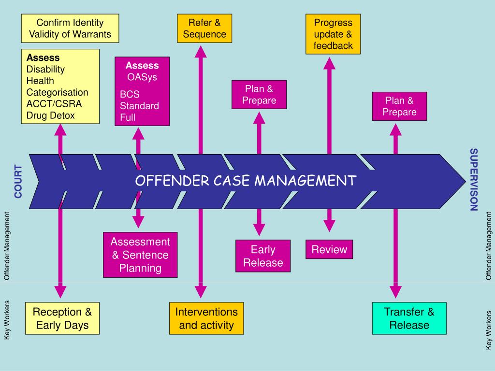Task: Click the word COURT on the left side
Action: pyautogui.click(x=18, y=182)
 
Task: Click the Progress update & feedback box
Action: pyautogui.click(x=333, y=34)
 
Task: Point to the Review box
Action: pyautogui.click(x=329, y=250)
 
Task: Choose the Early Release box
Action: pyautogui.click(x=263, y=256)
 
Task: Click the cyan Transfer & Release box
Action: pyautogui.click(x=409, y=318)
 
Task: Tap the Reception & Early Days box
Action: pyautogui.click(x=62, y=318)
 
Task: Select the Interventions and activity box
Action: pyautogui.click(x=206, y=318)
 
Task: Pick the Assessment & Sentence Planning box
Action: pyautogui.click(x=140, y=255)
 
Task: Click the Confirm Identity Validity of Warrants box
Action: pyautogui.click(x=70, y=29)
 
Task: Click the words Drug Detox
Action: pyautogui.click(x=51, y=115)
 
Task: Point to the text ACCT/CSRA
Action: pyautogui.click(x=54, y=104)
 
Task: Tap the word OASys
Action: pyautogui.click(x=142, y=77)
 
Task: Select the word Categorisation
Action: pyautogui.click(x=57, y=92)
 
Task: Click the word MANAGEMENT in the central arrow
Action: pyautogui.click(x=306, y=181)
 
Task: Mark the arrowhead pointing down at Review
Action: pyautogui.click(x=329, y=226)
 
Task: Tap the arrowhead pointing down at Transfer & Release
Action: pyautogui.click(x=396, y=291)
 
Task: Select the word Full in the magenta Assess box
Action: pyautogui.click(x=128, y=117)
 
